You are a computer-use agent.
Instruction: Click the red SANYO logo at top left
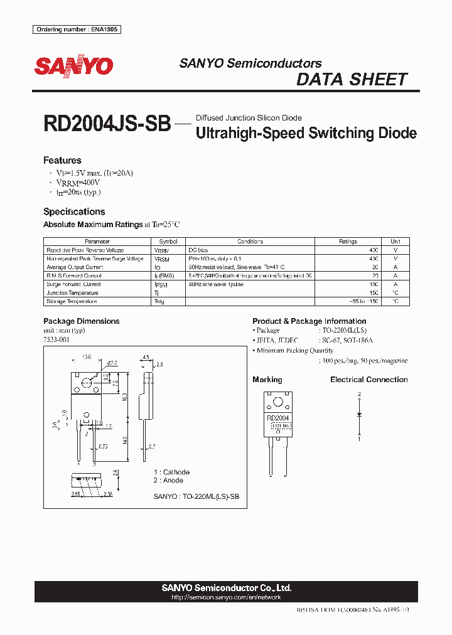tap(73, 66)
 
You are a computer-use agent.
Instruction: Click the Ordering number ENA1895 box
tap(76, 29)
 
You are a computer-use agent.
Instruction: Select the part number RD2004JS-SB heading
tap(107, 123)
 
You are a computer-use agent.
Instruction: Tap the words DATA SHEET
tap(352, 80)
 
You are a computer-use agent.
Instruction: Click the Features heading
tap(62, 160)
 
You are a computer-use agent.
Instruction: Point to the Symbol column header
tap(168, 242)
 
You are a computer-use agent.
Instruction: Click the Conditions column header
tap(250, 242)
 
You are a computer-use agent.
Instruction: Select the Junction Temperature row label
tap(73, 293)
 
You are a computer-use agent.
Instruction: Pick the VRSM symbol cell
tap(162, 259)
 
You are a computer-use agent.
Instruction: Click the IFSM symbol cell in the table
tap(162, 284)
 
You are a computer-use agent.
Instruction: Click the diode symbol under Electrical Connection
tap(360, 415)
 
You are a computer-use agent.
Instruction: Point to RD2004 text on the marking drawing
tap(277, 418)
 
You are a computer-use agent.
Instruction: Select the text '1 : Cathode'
tap(171, 472)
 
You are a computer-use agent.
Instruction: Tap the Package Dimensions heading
tap(81, 321)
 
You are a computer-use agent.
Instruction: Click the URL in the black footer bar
tap(226, 598)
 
